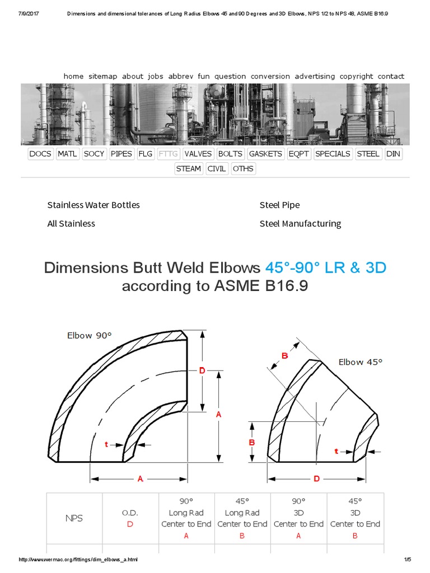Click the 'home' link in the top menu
point(73,76)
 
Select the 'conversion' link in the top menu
point(270,76)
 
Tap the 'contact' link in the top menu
point(390,76)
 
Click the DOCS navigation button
point(40,154)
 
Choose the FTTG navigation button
point(168,154)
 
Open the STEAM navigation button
point(188,168)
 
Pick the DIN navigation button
point(393,154)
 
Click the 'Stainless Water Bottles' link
point(94,205)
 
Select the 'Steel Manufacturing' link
point(300,223)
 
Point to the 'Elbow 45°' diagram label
point(360,362)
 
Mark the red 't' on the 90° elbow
point(106,444)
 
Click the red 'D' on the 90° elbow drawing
point(202,370)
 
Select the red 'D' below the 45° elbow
point(316,478)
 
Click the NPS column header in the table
point(74,518)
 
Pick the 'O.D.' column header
point(130,513)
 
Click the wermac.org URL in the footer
point(78,560)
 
